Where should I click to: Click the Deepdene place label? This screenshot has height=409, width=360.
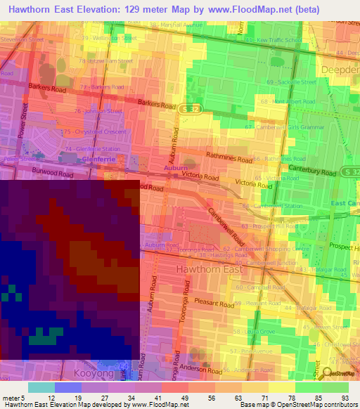tap(340, 70)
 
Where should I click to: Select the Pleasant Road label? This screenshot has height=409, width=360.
tap(215, 304)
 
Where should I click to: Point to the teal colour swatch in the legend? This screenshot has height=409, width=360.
tap(41, 387)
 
